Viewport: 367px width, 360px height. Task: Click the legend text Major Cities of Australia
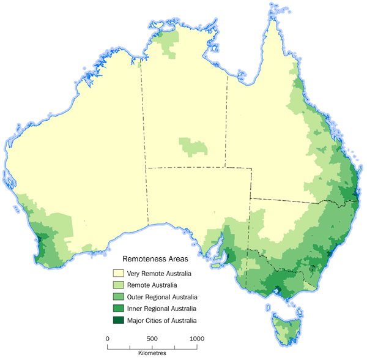[x=163, y=320]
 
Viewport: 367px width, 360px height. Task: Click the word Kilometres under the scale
[x=152, y=353]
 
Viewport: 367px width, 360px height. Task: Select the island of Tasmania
[x=285, y=325]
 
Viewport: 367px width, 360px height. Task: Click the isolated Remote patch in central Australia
[x=192, y=148]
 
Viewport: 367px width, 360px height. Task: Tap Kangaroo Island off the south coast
[x=215, y=266]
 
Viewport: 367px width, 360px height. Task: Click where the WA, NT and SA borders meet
[x=146, y=167]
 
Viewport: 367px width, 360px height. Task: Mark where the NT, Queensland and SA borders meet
[x=225, y=167]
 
